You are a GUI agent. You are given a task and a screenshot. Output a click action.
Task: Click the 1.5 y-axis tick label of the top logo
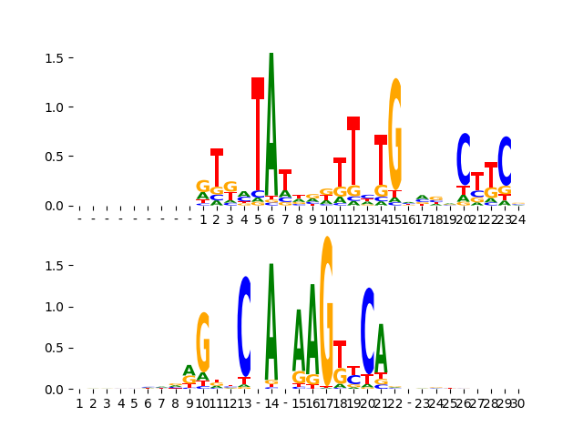(53, 58)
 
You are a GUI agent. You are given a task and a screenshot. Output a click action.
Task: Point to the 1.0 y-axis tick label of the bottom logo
(53, 307)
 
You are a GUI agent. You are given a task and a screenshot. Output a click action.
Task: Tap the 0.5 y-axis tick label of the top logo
(53, 157)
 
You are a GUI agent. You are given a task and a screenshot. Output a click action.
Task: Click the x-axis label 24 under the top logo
(517, 219)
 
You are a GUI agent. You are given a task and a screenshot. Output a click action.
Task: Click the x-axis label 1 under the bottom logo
(79, 403)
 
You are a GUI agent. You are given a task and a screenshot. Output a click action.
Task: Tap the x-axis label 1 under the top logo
(203, 219)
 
